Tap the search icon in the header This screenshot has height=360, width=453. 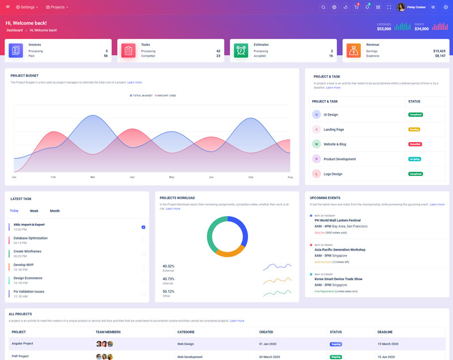[323, 7]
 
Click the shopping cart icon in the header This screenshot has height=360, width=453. [356, 7]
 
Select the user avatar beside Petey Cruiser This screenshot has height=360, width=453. [401, 7]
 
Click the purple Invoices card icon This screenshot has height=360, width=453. [16, 50]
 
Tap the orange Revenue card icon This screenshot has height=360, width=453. [354, 50]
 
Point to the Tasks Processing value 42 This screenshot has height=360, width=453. [218, 51]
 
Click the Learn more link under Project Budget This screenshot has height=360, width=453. [134, 83]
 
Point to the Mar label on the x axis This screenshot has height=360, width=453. [92, 177]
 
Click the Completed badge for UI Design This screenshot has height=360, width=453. [415, 114]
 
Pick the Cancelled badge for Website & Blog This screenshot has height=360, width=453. [415, 144]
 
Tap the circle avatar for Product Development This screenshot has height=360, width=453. [316, 159]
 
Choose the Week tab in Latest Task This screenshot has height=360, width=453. [34, 211]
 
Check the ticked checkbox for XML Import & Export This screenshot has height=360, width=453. [143, 227]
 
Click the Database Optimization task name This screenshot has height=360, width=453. [31, 238]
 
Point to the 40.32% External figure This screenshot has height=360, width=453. [168, 266]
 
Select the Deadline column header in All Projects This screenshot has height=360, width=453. [386, 332]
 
